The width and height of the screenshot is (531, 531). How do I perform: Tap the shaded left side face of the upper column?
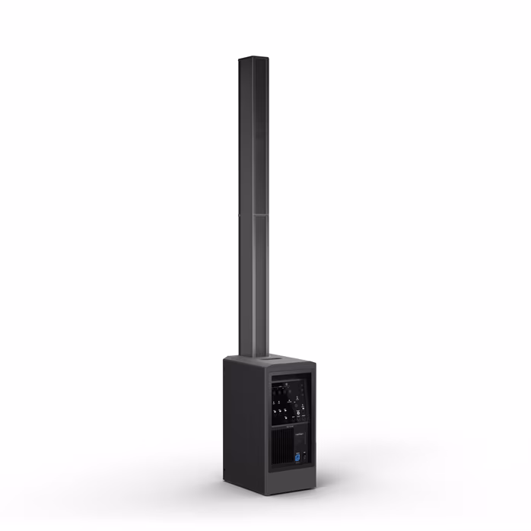click(x=244, y=137)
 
